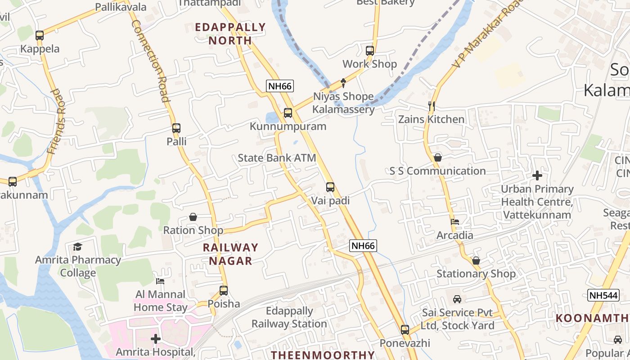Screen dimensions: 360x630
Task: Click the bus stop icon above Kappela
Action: tap(40, 35)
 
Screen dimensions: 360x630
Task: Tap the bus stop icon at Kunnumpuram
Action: tap(288, 113)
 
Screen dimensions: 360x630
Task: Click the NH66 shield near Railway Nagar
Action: tap(363, 246)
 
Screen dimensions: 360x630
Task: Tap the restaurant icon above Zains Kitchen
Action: tap(431, 106)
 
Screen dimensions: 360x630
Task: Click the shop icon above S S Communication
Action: tap(437, 157)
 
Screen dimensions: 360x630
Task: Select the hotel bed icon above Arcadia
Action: tap(455, 222)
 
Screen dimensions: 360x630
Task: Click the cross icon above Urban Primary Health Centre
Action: tap(537, 175)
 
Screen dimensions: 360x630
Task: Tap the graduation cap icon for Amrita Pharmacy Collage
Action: tap(78, 247)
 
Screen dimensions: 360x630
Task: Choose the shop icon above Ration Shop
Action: tap(193, 217)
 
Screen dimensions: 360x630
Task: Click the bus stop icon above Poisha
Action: tap(224, 291)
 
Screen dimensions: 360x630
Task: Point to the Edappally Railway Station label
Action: tap(289, 317)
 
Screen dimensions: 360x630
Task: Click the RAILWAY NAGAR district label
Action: tap(230, 254)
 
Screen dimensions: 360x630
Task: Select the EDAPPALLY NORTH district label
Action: tap(230, 34)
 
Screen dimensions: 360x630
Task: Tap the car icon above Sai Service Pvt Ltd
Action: tap(457, 299)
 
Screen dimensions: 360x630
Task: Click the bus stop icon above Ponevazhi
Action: tap(405, 330)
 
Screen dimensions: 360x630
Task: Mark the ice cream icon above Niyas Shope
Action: tap(343, 83)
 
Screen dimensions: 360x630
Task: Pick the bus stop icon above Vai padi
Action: tap(330, 187)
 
